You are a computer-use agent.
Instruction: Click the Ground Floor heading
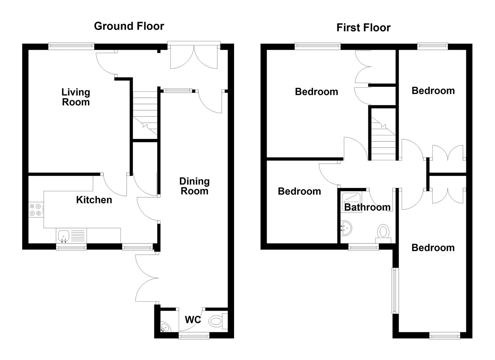click(129, 26)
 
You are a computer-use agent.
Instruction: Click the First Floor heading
click(363, 27)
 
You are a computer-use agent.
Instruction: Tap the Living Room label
click(76, 97)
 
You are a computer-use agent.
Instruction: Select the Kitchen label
click(94, 200)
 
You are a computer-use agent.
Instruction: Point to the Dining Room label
click(194, 186)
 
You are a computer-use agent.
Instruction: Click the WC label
click(193, 320)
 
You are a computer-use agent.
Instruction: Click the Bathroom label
click(367, 207)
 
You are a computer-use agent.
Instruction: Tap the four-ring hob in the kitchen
click(36, 210)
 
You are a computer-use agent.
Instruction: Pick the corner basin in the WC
click(165, 327)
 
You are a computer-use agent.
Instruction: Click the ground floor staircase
click(145, 113)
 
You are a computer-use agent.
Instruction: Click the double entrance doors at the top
click(194, 55)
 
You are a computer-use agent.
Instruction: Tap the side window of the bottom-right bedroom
click(395, 290)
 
